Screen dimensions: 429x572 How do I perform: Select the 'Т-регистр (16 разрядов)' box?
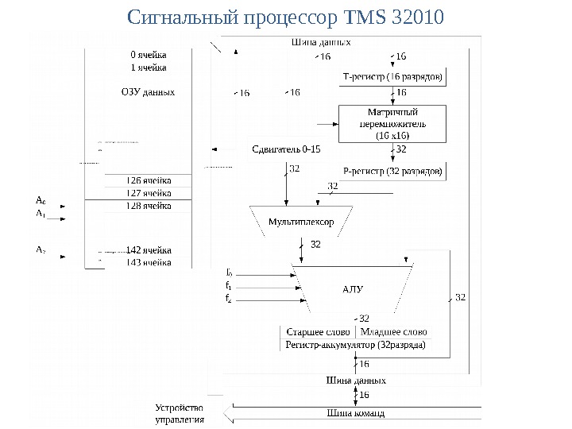(393, 77)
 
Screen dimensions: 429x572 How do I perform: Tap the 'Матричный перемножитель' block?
(388, 124)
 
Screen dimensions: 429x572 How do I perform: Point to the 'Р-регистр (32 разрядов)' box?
(392, 170)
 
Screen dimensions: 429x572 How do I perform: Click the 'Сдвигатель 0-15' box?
(285, 149)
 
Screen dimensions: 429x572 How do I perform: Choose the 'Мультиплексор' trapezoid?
(300, 221)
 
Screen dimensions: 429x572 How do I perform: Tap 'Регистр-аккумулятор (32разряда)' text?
(354, 345)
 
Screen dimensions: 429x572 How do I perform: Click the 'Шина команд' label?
(355, 413)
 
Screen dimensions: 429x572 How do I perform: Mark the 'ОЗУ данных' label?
(148, 92)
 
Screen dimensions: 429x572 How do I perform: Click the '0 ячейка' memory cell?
(149, 55)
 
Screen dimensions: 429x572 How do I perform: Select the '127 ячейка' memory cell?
(149, 193)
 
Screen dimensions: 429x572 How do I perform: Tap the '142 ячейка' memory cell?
(149, 250)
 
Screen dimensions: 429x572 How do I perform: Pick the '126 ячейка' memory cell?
(149, 180)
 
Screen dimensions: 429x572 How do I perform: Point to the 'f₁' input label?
(228, 285)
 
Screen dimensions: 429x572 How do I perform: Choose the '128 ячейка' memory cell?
(149, 206)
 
